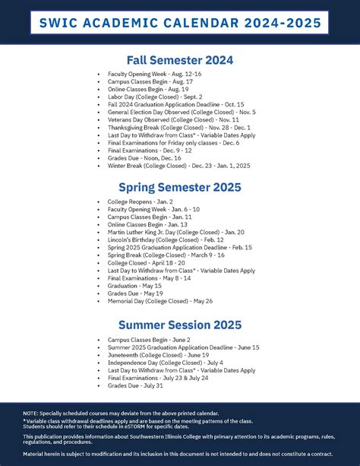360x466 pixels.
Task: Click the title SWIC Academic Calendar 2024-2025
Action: pyautogui.click(x=180, y=24)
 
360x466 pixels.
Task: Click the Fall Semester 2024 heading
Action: pyautogui.click(x=180, y=60)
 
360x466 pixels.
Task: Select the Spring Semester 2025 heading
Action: pyautogui.click(x=180, y=186)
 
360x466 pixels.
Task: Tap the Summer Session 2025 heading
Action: pyautogui.click(x=180, y=325)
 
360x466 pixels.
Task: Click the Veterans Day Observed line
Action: pyautogui.click(x=163, y=119)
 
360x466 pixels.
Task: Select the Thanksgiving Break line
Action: pyautogui.click(x=172, y=127)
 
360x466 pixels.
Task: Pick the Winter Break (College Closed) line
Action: pyautogui.click(x=178, y=165)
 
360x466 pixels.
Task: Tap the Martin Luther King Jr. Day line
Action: pyautogui.click(x=175, y=231)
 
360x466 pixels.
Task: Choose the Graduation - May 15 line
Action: pyautogui.click(x=134, y=285)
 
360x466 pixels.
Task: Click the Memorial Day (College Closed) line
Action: pyautogui.click(x=159, y=300)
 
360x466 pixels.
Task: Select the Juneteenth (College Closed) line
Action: pyautogui.click(x=158, y=354)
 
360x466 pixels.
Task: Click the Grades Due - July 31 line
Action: pyautogui.click(x=136, y=385)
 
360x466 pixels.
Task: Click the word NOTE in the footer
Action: pyautogui.click(x=32, y=413)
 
